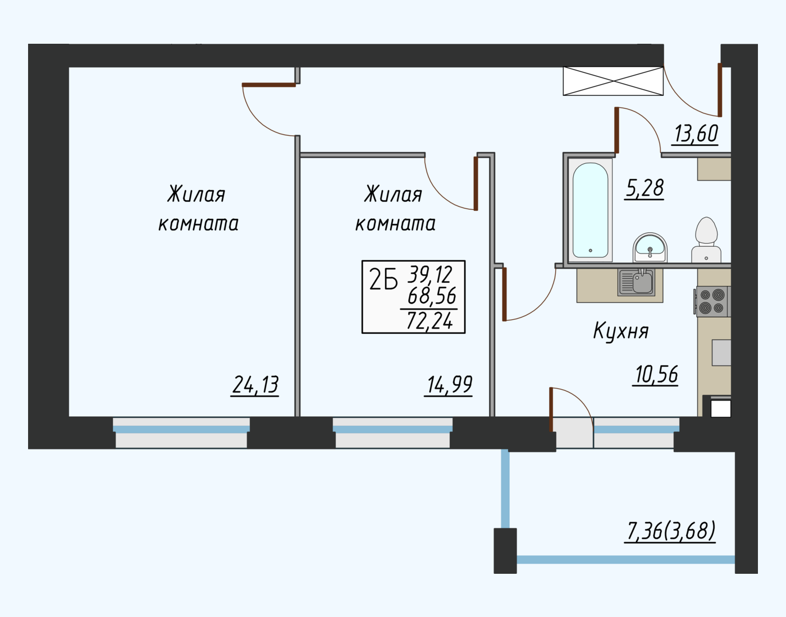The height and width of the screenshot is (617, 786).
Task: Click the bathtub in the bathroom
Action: pyautogui.click(x=590, y=210)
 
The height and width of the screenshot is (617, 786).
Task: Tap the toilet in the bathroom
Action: pyautogui.click(x=706, y=240)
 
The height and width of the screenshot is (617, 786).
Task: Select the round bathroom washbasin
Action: pyautogui.click(x=650, y=247)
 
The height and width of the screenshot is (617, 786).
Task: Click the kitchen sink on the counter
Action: pyautogui.click(x=636, y=282)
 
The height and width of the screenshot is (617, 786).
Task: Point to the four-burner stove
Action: pyautogui.click(x=712, y=302)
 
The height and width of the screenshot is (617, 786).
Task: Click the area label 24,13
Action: pyautogui.click(x=255, y=385)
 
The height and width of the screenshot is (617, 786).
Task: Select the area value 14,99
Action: pyautogui.click(x=449, y=385)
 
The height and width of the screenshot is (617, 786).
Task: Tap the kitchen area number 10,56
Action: pyautogui.click(x=655, y=375)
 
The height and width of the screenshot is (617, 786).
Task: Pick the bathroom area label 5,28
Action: pyautogui.click(x=644, y=188)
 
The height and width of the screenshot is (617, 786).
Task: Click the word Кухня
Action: pyautogui.click(x=621, y=331)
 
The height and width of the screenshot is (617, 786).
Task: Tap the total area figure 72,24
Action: pyautogui.click(x=429, y=320)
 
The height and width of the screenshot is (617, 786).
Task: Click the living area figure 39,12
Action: pyautogui.click(x=431, y=274)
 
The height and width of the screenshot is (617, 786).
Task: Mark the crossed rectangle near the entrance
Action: pyautogui.click(x=613, y=81)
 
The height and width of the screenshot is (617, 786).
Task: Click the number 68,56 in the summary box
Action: pyautogui.click(x=432, y=296)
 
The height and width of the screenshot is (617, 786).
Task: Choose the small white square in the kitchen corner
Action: pyautogui.click(x=720, y=408)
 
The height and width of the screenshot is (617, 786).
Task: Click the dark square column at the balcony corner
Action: pyautogui.click(x=505, y=550)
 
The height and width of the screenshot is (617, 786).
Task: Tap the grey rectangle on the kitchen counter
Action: pyautogui.click(x=721, y=353)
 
